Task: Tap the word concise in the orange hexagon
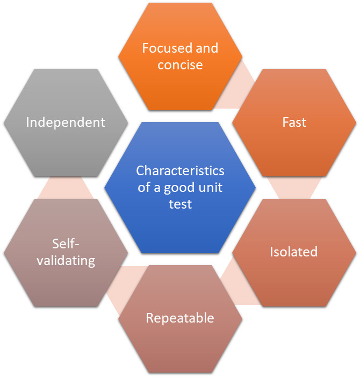click(x=180, y=65)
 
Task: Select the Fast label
click(x=294, y=122)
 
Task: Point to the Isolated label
click(x=293, y=252)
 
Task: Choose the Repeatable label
click(x=180, y=318)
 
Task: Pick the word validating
click(x=66, y=261)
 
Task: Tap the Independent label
click(x=66, y=122)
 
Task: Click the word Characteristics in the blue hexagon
click(x=180, y=171)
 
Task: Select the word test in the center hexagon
click(x=180, y=204)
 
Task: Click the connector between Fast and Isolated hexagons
click(x=294, y=188)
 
